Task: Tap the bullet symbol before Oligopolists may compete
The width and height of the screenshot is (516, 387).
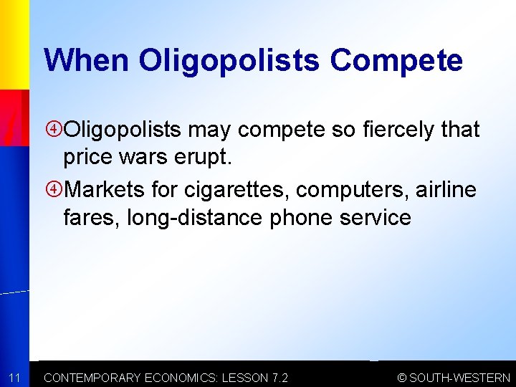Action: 54,130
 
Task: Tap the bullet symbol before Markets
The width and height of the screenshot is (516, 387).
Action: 54,190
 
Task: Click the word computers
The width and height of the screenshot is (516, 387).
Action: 350,190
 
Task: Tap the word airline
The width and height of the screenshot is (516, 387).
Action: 444,190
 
